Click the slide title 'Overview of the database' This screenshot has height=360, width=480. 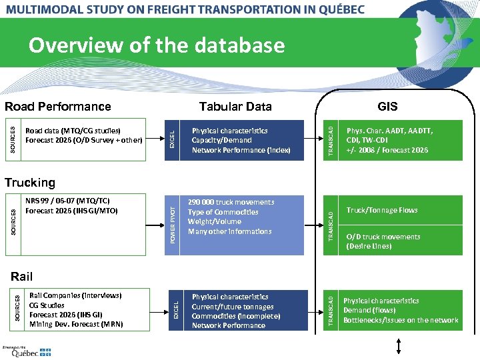coord(157,45)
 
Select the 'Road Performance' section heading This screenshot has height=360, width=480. coord(58,107)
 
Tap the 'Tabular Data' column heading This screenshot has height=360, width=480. coord(235,107)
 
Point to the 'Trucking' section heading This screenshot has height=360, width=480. coord(30,182)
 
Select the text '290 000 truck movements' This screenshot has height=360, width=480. coord(231,202)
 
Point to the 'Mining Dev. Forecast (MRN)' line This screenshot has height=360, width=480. coord(76,325)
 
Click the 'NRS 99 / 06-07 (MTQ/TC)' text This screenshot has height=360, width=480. coord(67,201)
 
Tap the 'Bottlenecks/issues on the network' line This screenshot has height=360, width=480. coord(401,320)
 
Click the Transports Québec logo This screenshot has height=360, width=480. coord(27,351)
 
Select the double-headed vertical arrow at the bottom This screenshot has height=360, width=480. coord(398,347)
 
